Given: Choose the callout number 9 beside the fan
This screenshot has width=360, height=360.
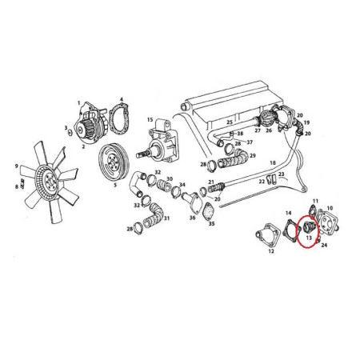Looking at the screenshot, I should tap(16, 166).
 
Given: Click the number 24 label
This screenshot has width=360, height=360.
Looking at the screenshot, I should tap(324, 247).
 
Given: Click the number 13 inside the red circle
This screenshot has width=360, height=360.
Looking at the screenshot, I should tap(308, 238).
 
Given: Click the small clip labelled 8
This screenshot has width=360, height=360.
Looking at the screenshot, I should tap(22, 186).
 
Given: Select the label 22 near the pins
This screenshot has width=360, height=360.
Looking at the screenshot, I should tap(262, 183).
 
